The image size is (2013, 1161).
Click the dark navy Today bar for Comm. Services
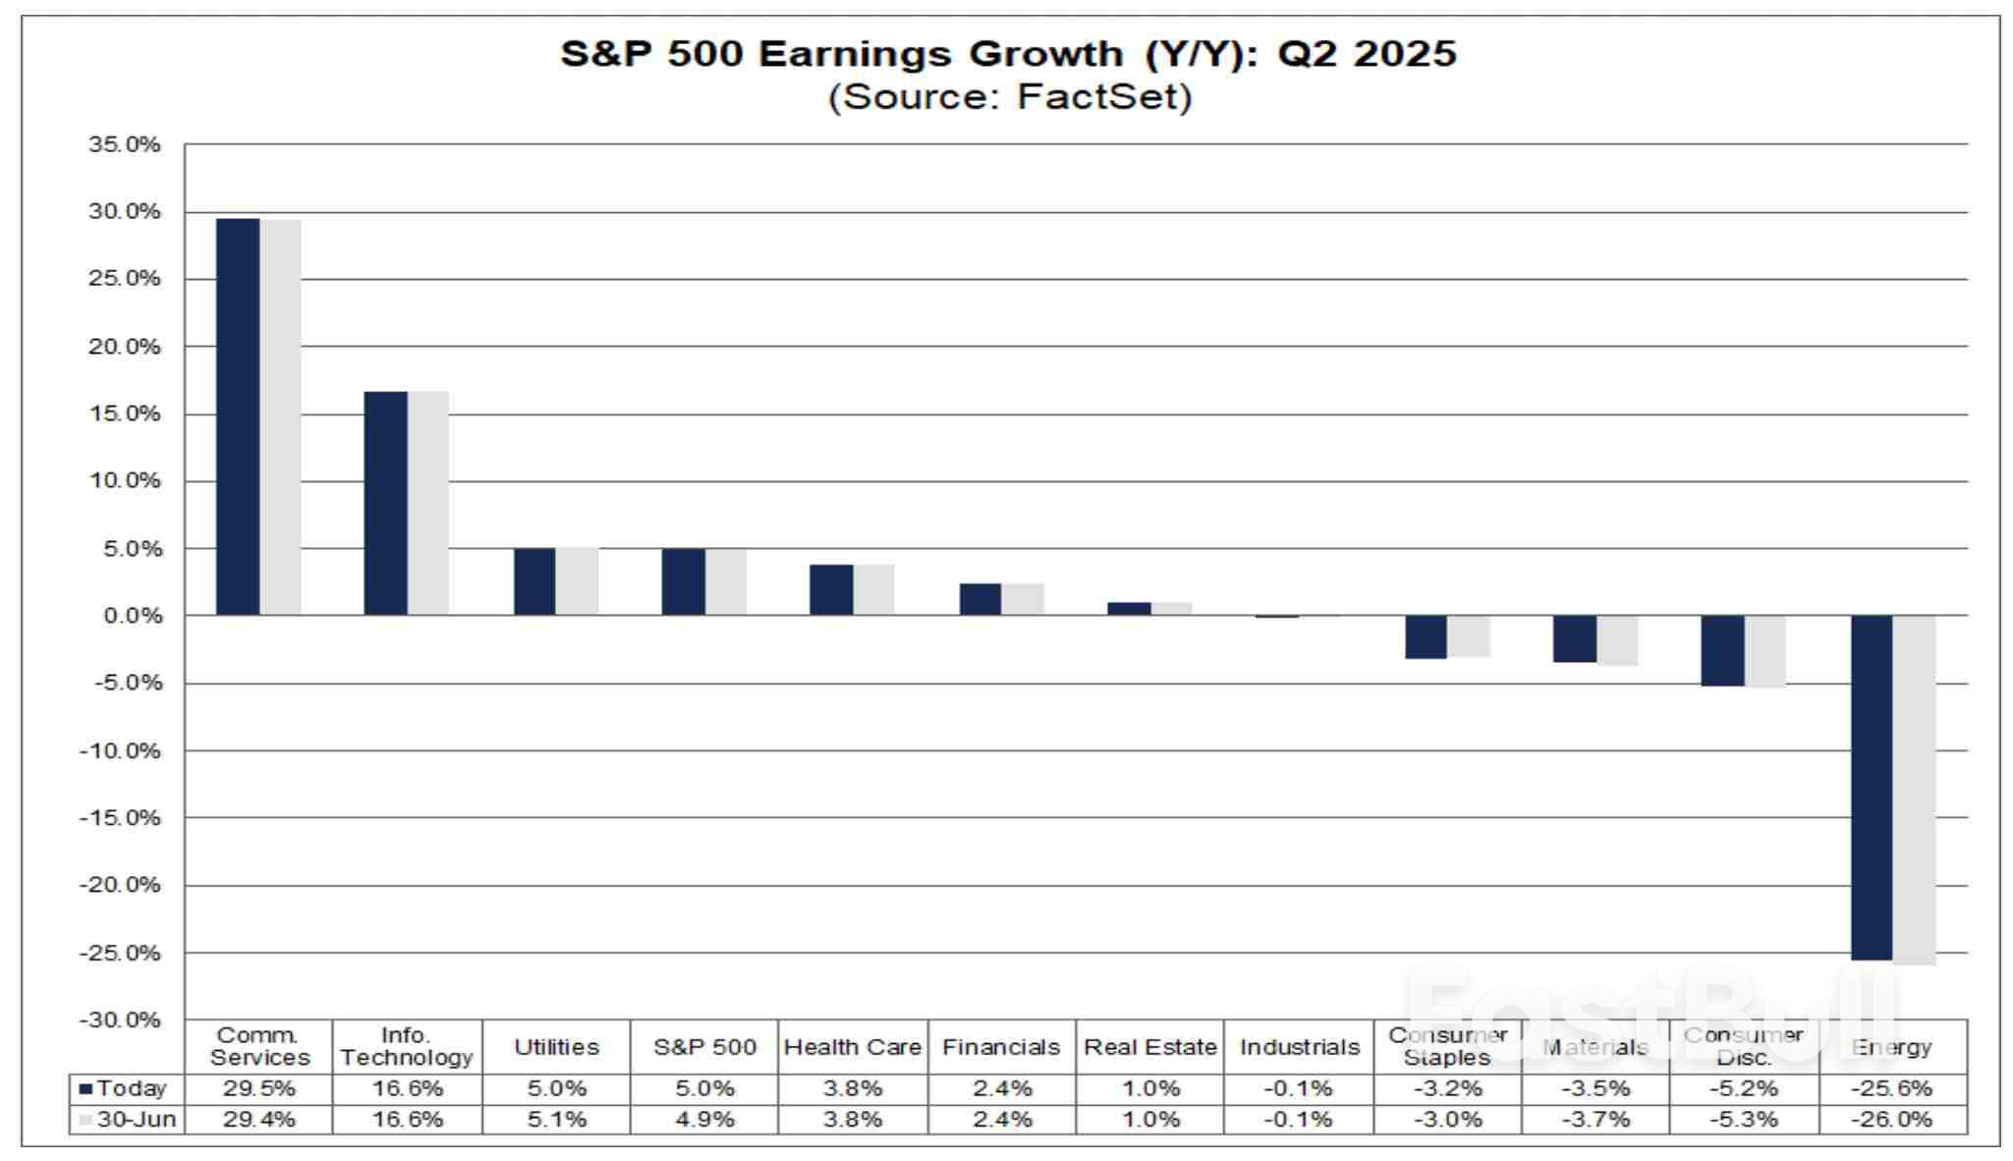pyautogui.click(x=238, y=417)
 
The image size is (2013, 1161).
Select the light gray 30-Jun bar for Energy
pyautogui.click(x=1914, y=791)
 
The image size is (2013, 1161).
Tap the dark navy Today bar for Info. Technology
pyautogui.click(x=385, y=503)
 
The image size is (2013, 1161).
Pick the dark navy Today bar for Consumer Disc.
pyautogui.click(x=1722, y=650)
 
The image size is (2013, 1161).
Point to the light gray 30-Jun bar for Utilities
pyautogui.click(x=577, y=581)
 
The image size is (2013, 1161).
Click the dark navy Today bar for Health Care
pyautogui.click(x=830, y=590)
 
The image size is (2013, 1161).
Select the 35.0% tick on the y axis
pyautogui.click(x=124, y=144)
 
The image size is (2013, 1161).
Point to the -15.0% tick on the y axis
pyautogui.click(x=120, y=817)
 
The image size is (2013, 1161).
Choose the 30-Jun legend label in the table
pyautogui.click(x=136, y=1119)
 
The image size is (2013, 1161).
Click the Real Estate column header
pyautogui.click(x=1149, y=1047)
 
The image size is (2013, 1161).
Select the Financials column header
pyautogui.click(x=1000, y=1047)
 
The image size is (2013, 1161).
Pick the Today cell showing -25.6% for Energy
pyautogui.click(x=1891, y=1088)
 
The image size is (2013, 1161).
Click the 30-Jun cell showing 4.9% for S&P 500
pyautogui.click(x=704, y=1119)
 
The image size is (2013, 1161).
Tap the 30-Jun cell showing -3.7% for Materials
pyautogui.click(x=1594, y=1119)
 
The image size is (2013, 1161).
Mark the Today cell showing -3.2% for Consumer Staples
pyautogui.click(x=1447, y=1088)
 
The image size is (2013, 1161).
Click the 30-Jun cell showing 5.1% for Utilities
pyautogui.click(x=556, y=1119)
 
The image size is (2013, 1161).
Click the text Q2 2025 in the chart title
pyautogui.click(x=1366, y=53)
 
